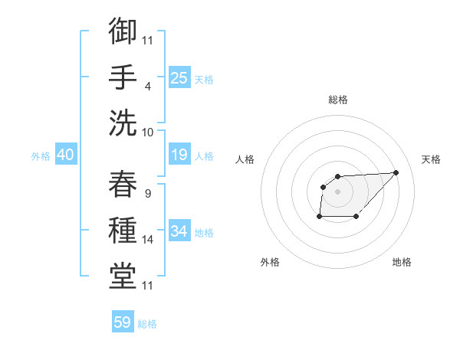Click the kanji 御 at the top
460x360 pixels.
123,32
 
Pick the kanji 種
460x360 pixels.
123,231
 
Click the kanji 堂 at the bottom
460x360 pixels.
123,276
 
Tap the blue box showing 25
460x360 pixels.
179,77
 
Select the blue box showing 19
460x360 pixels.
179,155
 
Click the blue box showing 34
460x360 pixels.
179,231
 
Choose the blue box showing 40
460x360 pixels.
65,155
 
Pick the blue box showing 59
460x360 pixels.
123,322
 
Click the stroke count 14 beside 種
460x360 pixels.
148,241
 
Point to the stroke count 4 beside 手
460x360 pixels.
148,87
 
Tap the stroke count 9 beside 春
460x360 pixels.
147,194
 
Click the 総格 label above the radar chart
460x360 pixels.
337,100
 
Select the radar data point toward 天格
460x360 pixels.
396,172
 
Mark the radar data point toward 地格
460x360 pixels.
356,217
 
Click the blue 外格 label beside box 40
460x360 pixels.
41,156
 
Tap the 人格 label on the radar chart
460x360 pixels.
245,159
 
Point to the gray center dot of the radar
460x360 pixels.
337,191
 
